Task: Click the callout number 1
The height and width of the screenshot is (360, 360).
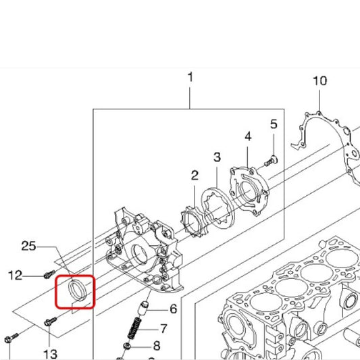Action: click(x=190, y=77)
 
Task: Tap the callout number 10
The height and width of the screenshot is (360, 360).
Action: click(x=320, y=81)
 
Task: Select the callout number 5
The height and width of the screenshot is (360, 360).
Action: click(x=274, y=124)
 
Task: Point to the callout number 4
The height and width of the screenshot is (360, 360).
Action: click(x=248, y=136)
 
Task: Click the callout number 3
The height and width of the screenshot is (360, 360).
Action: click(x=217, y=157)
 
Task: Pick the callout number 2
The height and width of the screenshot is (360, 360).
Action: click(x=195, y=176)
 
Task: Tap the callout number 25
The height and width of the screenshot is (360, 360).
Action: click(x=28, y=246)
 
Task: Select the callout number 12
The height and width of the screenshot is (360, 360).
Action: click(x=15, y=275)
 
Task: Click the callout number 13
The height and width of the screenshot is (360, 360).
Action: click(x=50, y=354)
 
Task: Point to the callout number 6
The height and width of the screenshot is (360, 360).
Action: click(x=174, y=309)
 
